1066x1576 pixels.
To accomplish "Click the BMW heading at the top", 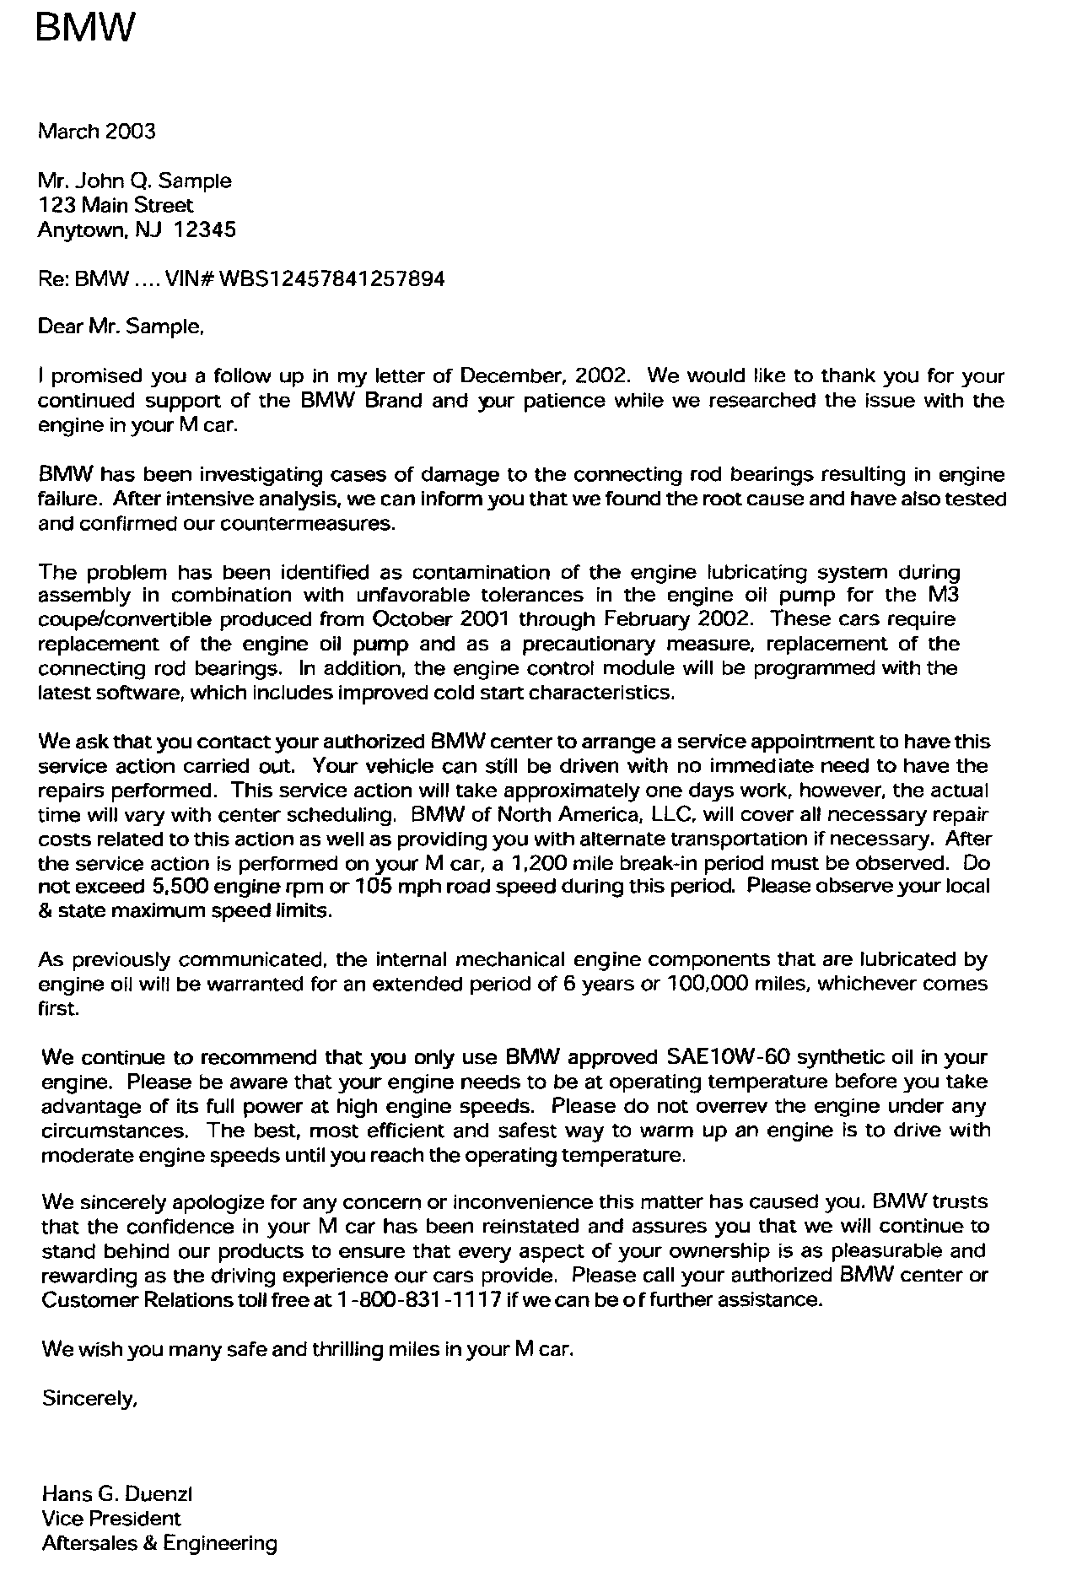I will [x=84, y=29].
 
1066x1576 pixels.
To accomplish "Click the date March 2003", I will [x=97, y=131].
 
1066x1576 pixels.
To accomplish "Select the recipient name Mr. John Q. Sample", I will [x=134, y=181].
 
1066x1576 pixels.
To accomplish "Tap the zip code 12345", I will [x=205, y=229].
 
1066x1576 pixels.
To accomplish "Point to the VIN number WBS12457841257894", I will [x=331, y=278].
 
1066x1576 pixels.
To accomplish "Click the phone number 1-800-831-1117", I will [x=418, y=1299].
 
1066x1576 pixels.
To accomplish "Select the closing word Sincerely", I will [x=89, y=1398].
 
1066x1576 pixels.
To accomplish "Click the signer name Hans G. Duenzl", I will [x=117, y=1494].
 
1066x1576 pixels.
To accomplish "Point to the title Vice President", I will [x=111, y=1519].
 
